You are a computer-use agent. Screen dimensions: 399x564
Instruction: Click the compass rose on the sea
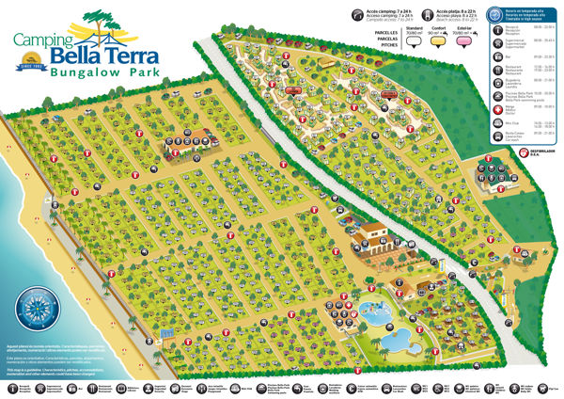click(x=35, y=311)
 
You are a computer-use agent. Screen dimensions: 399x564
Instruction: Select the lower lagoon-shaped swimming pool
click(x=396, y=337)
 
